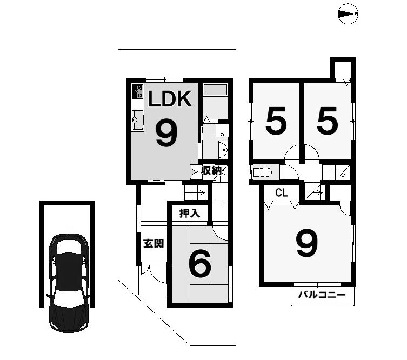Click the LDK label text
point(170,99)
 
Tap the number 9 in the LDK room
point(166,133)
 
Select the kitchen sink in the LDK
point(138,119)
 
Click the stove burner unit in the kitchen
point(138,92)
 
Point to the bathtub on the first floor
point(216,90)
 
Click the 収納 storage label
point(211,170)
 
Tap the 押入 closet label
point(190,214)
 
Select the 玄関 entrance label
point(154,243)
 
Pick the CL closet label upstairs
point(282,192)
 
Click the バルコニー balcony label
point(322,295)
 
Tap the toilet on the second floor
point(262,172)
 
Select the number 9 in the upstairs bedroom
point(307,242)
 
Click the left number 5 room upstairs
point(276,121)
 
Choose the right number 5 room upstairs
point(328,121)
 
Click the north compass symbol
point(348,14)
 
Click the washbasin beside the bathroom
point(223,150)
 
